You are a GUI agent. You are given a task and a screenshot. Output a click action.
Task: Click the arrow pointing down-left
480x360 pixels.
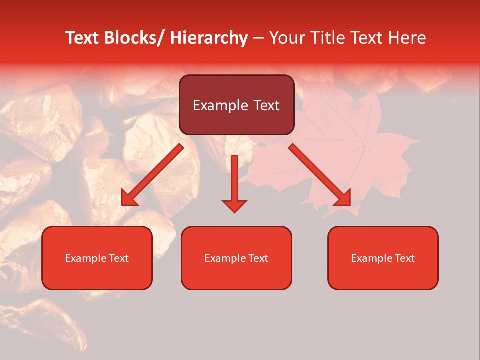[x=152, y=174]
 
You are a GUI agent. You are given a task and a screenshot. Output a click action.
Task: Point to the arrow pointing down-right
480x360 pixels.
[x=320, y=174]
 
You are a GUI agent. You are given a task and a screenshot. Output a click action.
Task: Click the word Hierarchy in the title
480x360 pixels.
[x=209, y=38]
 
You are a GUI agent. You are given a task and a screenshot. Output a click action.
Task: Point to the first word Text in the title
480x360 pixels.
[x=83, y=38]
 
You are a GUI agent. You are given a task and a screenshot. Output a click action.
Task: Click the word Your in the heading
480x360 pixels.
[x=287, y=38]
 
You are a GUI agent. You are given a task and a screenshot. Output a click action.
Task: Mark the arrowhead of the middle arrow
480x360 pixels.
[x=234, y=205]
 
